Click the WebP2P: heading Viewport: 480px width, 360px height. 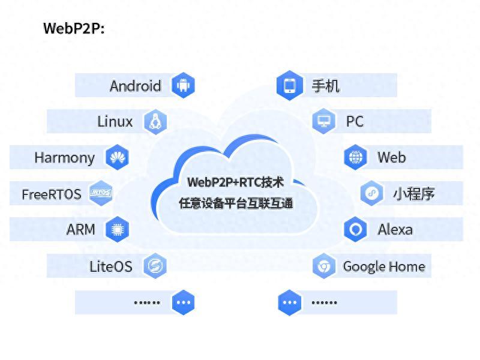(x=74, y=28)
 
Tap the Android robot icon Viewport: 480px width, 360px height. (x=183, y=85)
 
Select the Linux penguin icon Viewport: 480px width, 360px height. (x=155, y=122)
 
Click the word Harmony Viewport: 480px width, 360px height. (x=64, y=158)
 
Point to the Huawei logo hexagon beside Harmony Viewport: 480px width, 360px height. (x=117, y=158)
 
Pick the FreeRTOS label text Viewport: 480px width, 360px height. (x=52, y=194)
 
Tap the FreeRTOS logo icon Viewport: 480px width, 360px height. (x=101, y=193)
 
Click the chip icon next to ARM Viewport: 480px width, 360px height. (x=117, y=229)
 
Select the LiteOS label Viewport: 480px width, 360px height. (x=111, y=266)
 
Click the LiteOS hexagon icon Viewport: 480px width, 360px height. (x=155, y=266)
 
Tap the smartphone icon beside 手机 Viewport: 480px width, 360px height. (x=290, y=85)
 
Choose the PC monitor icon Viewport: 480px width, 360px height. (x=324, y=121)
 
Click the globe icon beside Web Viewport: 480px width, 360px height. (x=355, y=158)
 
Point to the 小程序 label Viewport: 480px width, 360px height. (x=414, y=194)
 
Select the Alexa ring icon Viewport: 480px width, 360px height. (x=355, y=229)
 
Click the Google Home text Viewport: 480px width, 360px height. (x=384, y=266)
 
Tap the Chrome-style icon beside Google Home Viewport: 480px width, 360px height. (x=324, y=266)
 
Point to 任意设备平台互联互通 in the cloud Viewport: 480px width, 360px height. (x=236, y=203)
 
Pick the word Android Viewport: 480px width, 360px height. (x=135, y=86)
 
